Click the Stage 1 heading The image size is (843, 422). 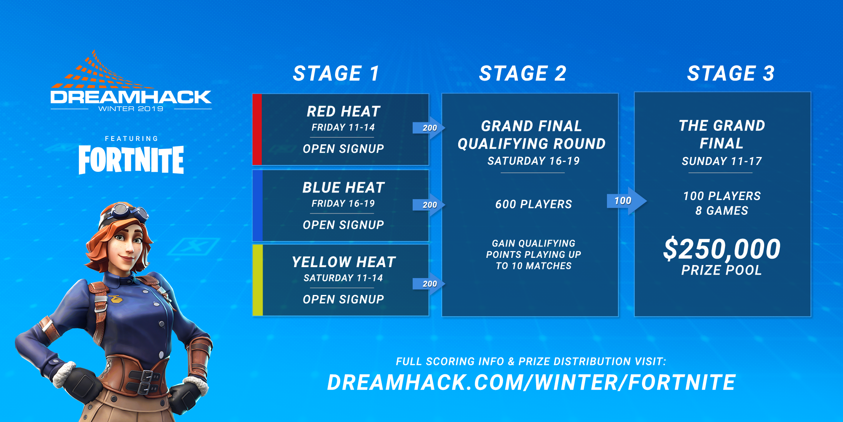coord(336,73)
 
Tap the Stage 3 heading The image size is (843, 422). coord(731,73)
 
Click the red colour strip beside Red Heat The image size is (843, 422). coord(257,130)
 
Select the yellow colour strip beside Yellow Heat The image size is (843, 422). coord(258,280)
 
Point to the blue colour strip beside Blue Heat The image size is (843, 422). coord(257,206)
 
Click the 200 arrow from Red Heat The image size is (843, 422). coord(429,128)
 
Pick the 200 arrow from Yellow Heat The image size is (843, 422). coord(429,284)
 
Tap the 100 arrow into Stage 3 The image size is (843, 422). coord(626,201)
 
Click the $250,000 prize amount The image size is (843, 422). coord(722,249)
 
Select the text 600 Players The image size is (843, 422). coord(534,204)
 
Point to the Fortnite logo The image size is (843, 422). coord(131,160)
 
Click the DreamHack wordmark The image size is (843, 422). coord(131,97)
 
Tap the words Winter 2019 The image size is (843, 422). coord(131,109)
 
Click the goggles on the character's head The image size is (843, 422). coord(126,211)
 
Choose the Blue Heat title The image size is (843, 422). coord(344,187)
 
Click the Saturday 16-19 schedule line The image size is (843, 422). coord(534,161)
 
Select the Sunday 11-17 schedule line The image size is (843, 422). coord(722,161)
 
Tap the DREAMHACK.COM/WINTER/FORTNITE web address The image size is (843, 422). coord(532,382)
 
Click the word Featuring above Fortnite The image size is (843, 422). coord(132,138)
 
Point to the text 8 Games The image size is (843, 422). coord(722,211)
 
